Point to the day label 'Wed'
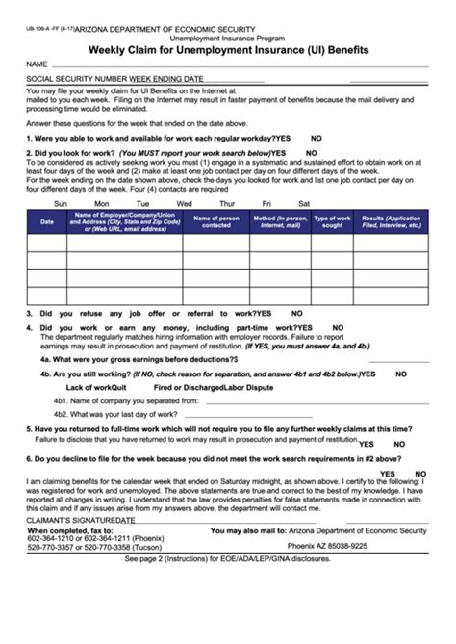pos(185,203)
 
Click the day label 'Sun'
pos(60,203)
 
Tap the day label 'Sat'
pos(304,203)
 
